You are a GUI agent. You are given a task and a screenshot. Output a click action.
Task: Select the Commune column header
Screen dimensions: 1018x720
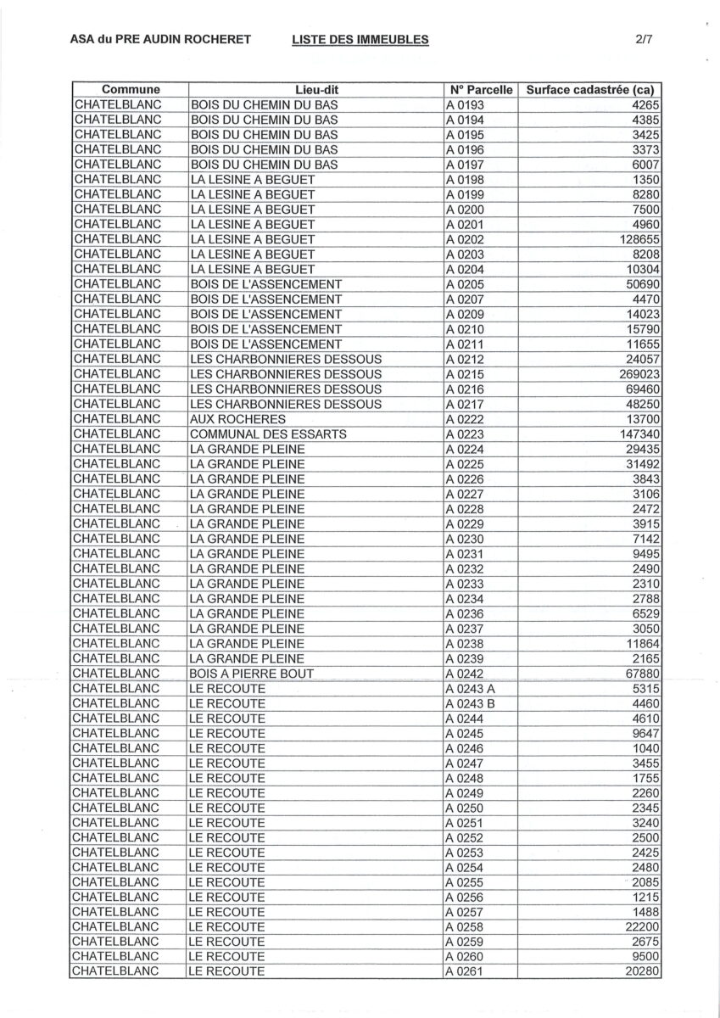click(x=129, y=90)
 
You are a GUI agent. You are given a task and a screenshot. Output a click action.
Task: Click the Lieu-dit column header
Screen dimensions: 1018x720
click(x=317, y=90)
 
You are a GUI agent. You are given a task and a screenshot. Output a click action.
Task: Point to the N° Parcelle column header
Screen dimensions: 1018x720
click(x=481, y=90)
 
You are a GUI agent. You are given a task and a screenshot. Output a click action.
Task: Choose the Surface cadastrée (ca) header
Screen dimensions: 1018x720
click(x=590, y=90)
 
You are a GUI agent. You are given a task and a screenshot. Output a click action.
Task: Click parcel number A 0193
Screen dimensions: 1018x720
click(x=467, y=105)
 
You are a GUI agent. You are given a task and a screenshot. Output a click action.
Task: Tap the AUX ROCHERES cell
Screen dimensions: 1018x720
click(x=237, y=419)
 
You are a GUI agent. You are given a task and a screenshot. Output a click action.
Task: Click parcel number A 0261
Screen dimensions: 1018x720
click(x=467, y=972)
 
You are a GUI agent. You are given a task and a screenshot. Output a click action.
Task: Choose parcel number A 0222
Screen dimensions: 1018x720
click(x=467, y=419)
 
